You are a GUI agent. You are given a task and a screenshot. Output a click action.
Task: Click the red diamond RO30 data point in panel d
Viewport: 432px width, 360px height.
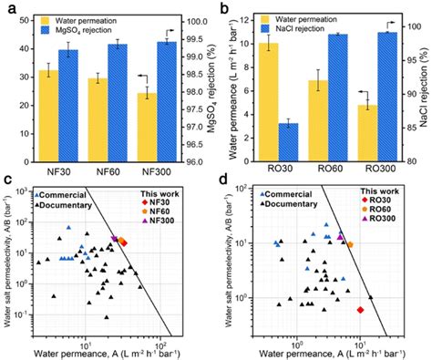tap(361, 310)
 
